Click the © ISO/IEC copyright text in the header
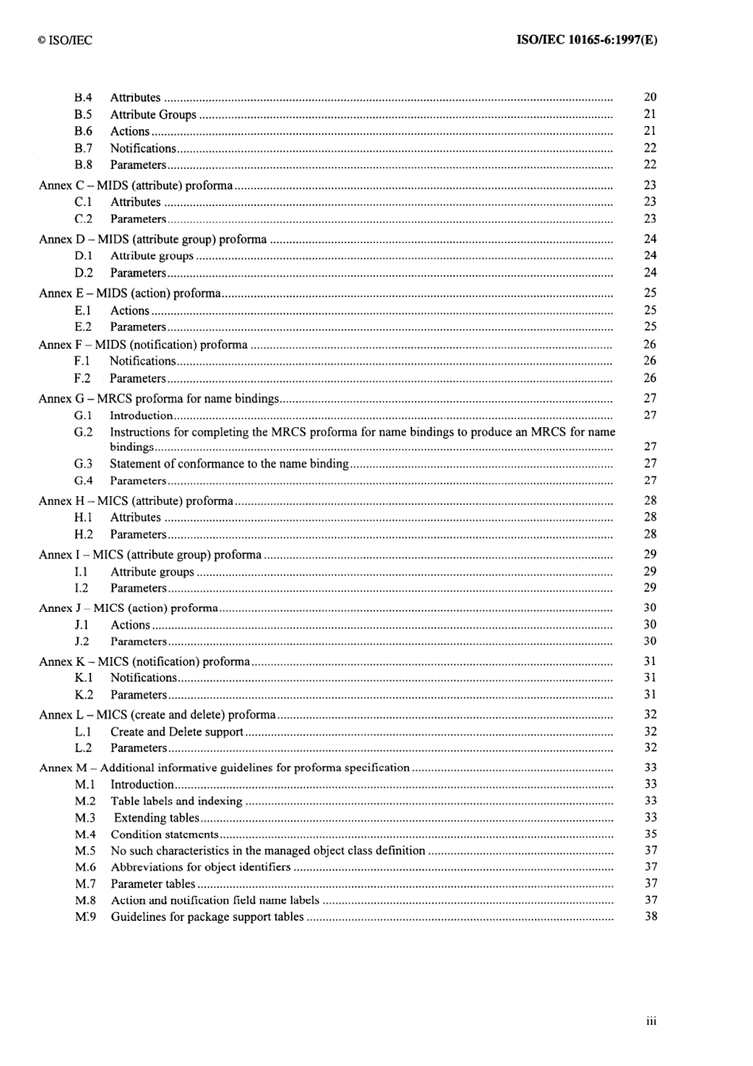coord(65,40)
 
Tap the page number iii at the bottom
coord(651,1021)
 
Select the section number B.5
coord(83,114)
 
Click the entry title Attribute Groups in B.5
coord(153,114)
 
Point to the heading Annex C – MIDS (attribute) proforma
coord(136,185)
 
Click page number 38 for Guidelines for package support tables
coord(650,916)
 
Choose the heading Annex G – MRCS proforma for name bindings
coord(159,399)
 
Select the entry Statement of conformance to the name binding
coord(229,464)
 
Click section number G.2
coord(83,432)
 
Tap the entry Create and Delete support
coord(177,732)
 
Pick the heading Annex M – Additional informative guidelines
coord(224,767)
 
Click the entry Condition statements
coord(164,834)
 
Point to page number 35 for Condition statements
coord(650,834)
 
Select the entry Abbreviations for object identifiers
coord(201,867)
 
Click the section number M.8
coord(85,900)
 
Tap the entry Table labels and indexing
coord(176,801)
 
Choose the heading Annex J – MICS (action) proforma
coord(128,608)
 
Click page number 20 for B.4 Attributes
coord(650,97)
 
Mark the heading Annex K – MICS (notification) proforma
coord(144,661)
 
